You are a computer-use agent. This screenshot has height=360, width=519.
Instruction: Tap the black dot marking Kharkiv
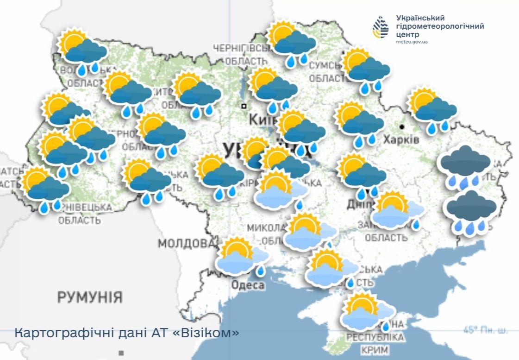point(402,126)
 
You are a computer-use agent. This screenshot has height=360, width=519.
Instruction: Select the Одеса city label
point(248,285)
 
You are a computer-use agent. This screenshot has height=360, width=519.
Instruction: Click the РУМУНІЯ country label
point(90,297)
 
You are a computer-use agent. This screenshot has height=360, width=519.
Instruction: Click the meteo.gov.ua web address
point(412,42)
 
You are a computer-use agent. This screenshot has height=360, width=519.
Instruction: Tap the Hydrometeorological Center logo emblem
point(381,27)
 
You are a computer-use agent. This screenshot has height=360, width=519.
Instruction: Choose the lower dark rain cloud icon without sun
point(470,211)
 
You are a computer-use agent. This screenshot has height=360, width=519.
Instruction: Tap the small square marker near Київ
point(244,106)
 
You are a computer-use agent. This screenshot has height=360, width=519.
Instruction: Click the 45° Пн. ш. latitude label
point(485,330)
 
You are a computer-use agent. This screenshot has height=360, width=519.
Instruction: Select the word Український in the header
point(420,18)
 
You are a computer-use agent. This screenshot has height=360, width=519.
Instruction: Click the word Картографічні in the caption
point(55,333)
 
